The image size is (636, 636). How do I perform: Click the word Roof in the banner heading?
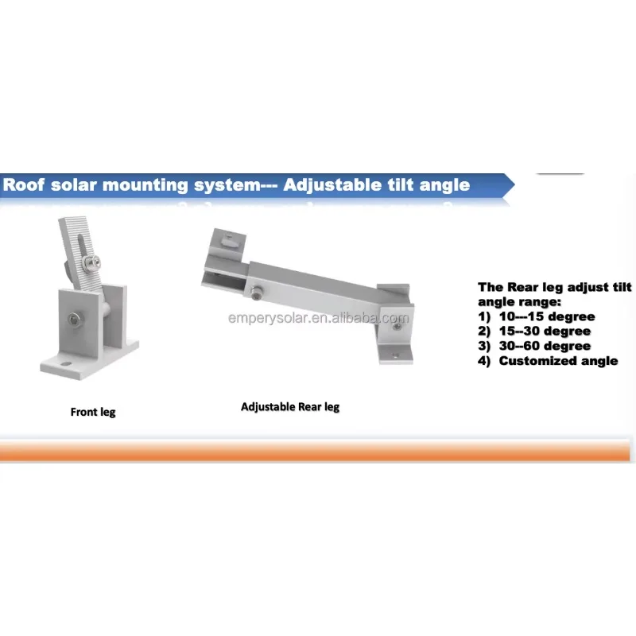click(24, 185)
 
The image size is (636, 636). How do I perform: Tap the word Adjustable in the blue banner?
click(332, 186)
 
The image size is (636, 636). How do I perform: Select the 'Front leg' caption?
click(93, 412)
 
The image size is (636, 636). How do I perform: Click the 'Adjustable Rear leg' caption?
click(290, 407)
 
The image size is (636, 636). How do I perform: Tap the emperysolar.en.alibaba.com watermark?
click(319, 318)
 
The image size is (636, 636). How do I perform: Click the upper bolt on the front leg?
click(92, 264)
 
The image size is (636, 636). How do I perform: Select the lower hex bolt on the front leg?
click(74, 320)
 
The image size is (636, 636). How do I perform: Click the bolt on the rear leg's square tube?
click(256, 293)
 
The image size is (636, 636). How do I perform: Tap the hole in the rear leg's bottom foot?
click(395, 355)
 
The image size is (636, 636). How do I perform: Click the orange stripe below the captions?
click(315, 451)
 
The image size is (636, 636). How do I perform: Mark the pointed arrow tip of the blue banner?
click(514, 185)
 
